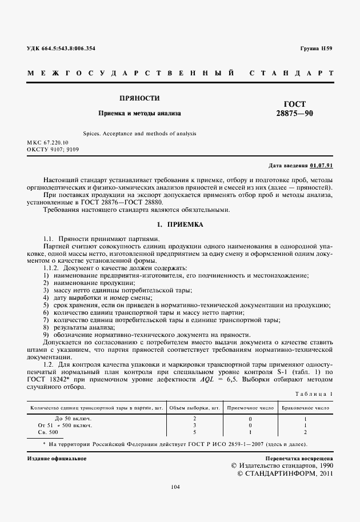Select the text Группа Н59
click(x=316, y=49)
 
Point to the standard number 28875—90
click(x=294, y=114)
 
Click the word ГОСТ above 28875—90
click(x=294, y=104)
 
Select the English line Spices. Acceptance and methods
click(x=139, y=133)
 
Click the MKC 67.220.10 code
click(x=47, y=142)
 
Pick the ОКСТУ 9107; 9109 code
click(x=53, y=149)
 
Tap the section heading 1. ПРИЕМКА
click(x=179, y=224)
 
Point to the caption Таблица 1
click(x=313, y=395)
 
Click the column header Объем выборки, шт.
click(x=195, y=408)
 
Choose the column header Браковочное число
click(x=305, y=408)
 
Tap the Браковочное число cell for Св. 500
click(x=305, y=432)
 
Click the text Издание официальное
click(x=57, y=459)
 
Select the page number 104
click(x=175, y=487)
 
